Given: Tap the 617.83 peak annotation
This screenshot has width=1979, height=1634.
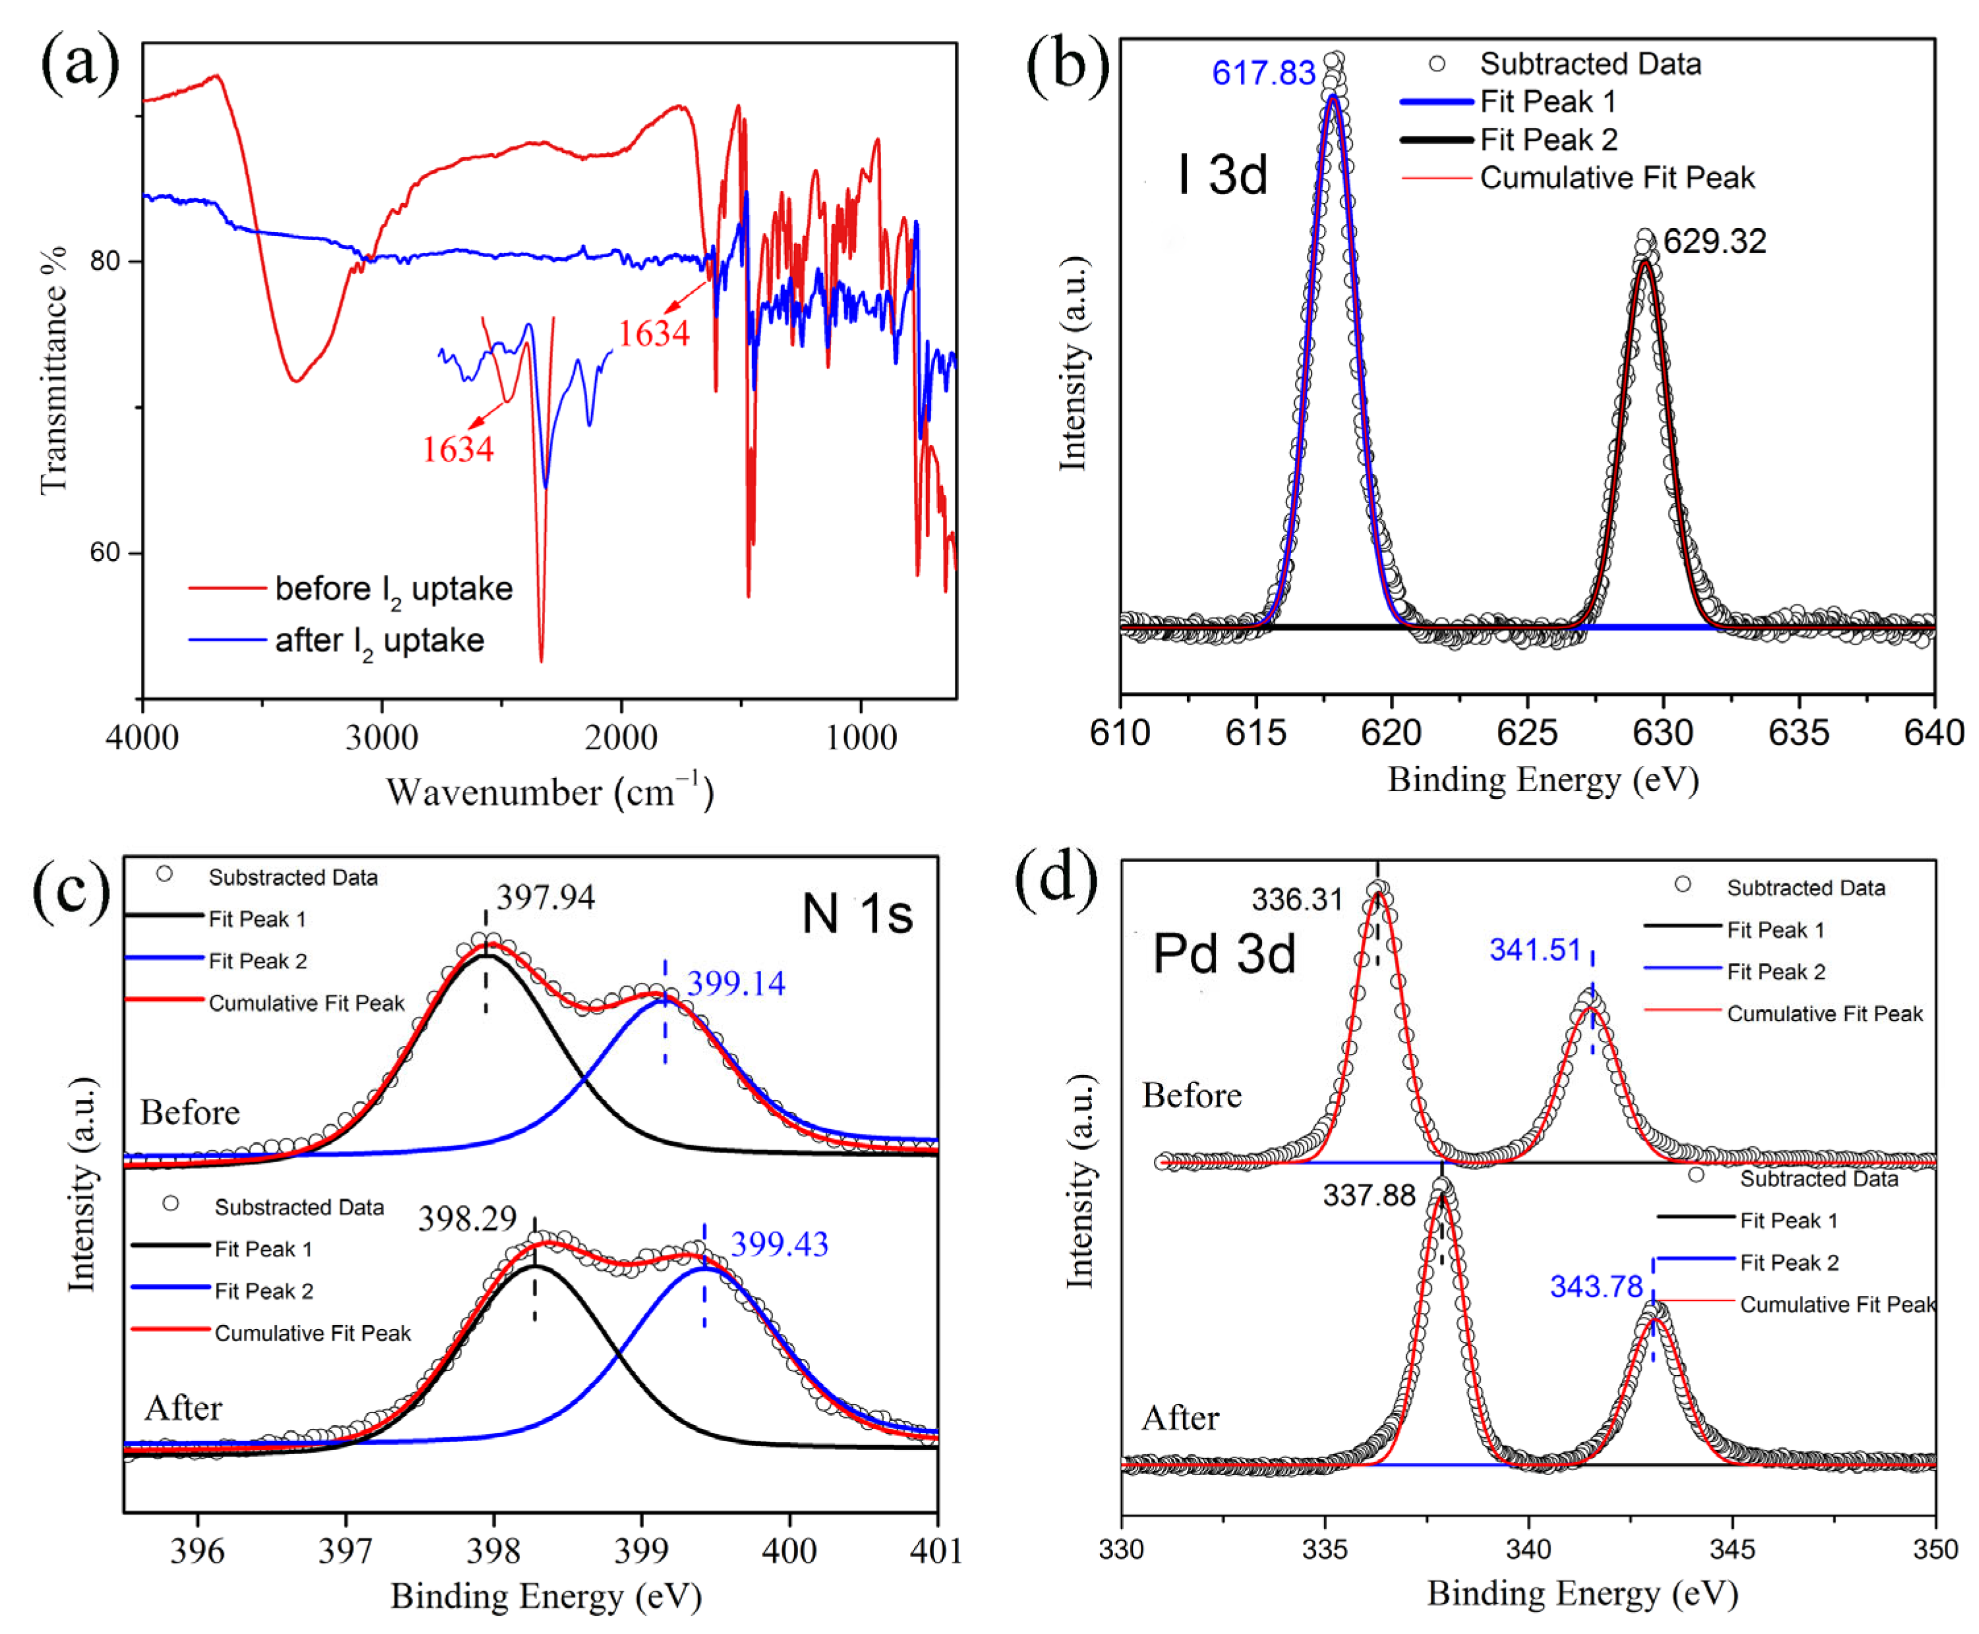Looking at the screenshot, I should tap(1262, 73).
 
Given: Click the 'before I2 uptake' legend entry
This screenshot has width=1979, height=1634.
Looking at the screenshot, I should tap(393, 589).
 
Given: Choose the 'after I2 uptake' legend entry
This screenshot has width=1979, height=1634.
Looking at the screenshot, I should tap(379, 641).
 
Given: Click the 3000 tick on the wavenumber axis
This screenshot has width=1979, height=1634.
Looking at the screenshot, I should tap(381, 736).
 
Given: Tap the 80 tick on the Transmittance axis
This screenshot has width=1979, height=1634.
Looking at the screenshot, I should tap(105, 261).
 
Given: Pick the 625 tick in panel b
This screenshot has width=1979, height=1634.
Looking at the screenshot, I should tap(1528, 733).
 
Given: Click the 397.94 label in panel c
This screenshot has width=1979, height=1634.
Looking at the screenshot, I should tap(546, 897).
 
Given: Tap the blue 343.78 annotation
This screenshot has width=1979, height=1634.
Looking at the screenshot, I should tap(1596, 1286).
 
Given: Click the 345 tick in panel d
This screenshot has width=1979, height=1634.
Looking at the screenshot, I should tap(1731, 1548).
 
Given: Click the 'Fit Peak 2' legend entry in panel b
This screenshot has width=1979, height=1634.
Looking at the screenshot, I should tap(1548, 139).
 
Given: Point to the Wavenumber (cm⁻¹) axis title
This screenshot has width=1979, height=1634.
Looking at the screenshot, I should tap(550, 792).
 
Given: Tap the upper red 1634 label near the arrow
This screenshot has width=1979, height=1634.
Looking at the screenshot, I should tap(654, 334).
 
